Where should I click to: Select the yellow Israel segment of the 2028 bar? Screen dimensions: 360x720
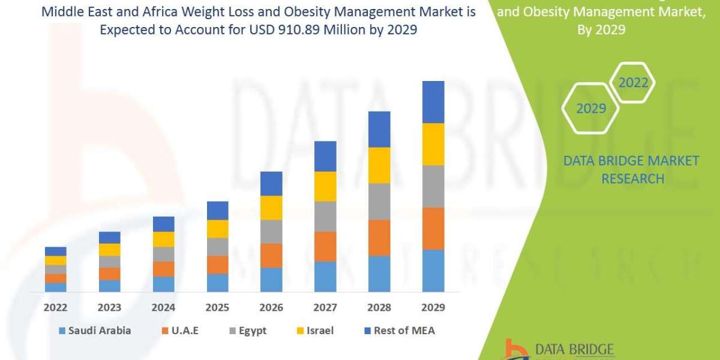click(379, 165)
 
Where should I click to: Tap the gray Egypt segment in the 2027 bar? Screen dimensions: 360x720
click(325, 216)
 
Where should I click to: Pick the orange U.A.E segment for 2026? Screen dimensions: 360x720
click(271, 255)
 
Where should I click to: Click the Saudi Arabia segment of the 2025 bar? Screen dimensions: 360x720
click(217, 283)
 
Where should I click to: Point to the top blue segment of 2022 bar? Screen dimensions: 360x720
click(56, 251)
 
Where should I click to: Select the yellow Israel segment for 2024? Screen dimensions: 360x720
click(163, 239)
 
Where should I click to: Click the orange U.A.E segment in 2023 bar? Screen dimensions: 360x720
click(110, 274)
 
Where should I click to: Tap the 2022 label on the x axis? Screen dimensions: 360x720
click(56, 307)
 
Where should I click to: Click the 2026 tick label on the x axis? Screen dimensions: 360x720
click(271, 307)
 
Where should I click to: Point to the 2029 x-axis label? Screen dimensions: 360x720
click(433, 307)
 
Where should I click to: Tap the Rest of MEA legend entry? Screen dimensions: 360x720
click(398, 331)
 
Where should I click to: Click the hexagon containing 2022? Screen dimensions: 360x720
click(633, 83)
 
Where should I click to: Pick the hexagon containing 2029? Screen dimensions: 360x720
click(590, 109)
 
